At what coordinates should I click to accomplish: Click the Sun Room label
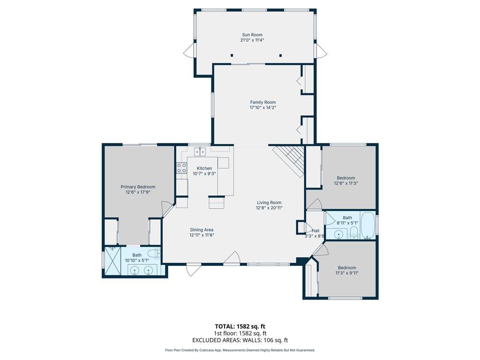[x=252, y=35]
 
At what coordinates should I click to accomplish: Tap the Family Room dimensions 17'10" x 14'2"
[x=263, y=107]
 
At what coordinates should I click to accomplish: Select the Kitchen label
[x=204, y=168]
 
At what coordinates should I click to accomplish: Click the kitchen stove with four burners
[x=182, y=168]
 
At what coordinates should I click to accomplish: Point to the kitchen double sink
[x=201, y=151]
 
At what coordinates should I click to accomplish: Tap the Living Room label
[x=269, y=202]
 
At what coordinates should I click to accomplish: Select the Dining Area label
[x=202, y=230]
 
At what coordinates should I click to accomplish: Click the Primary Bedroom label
[x=138, y=187]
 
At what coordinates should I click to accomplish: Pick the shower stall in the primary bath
[x=113, y=261]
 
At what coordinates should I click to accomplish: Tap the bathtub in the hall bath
[x=367, y=226]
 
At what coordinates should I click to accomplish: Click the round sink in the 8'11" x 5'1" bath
[x=338, y=235]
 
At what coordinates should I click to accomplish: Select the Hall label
[x=315, y=231]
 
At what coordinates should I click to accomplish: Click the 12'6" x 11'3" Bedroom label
[x=346, y=178]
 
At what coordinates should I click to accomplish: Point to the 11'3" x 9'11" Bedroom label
[x=347, y=268]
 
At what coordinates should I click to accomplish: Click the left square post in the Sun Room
[x=232, y=55]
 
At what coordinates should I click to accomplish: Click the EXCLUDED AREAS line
[x=240, y=340]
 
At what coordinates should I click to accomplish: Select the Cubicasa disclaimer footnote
[x=240, y=350]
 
